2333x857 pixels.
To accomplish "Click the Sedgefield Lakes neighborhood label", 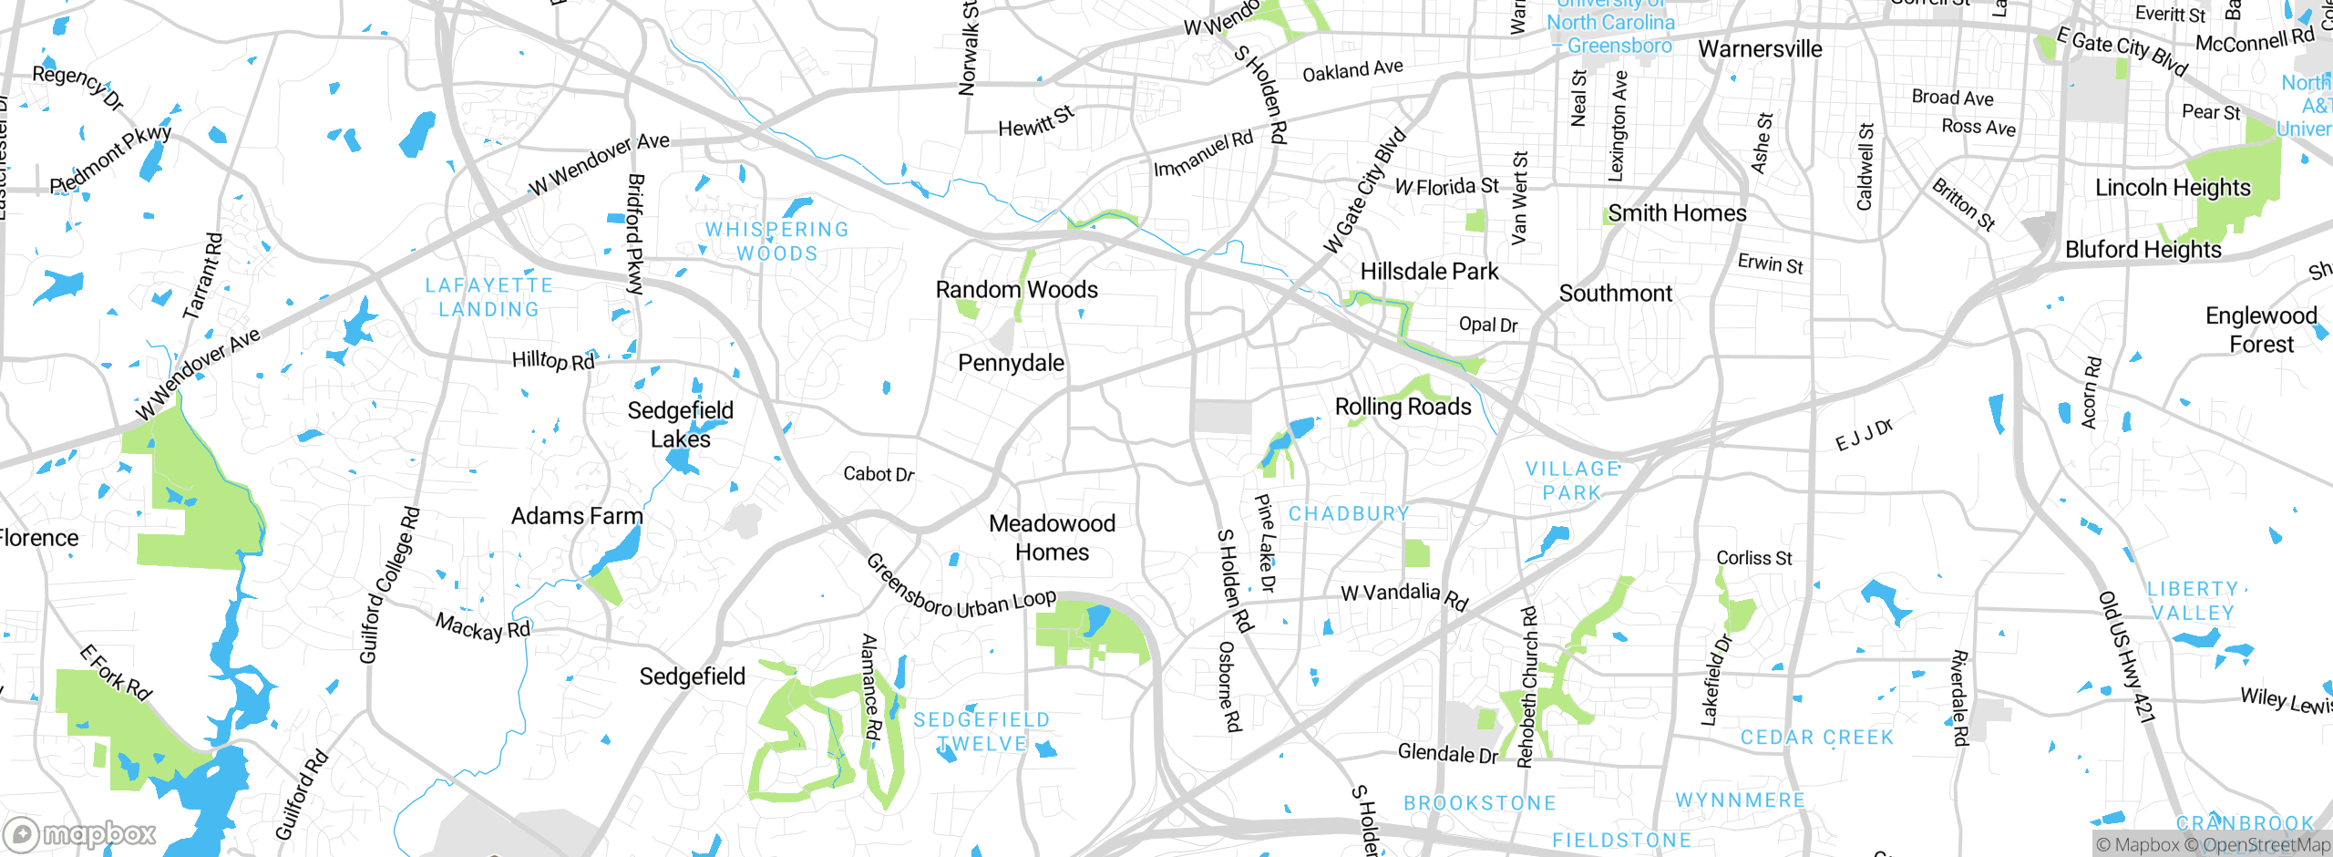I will point(680,424).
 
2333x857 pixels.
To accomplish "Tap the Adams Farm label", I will point(577,516).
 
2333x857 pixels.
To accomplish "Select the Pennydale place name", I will point(1011,363).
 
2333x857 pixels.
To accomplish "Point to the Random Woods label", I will point(1016,290).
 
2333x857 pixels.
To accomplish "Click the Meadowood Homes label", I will point(1052,537).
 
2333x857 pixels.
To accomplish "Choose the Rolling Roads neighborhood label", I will point(1403,407).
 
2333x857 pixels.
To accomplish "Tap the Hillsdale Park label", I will point(1429,272).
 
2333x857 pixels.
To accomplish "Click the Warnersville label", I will point(1760,49).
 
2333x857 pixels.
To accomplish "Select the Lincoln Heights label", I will point(2172,188).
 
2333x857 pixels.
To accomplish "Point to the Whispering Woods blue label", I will point(776,242).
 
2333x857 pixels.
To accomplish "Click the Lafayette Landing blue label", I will point(489,297).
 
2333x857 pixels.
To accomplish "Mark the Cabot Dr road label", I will point(878,474).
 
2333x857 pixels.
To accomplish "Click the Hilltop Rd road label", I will point(552,361).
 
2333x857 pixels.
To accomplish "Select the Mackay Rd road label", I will point(482,627).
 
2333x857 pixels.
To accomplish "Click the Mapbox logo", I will point(80,833).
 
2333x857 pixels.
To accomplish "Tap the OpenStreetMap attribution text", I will point(2265,845).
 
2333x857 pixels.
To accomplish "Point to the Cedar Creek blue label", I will point(1816,738).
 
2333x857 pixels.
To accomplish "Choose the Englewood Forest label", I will point(2260,330).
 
